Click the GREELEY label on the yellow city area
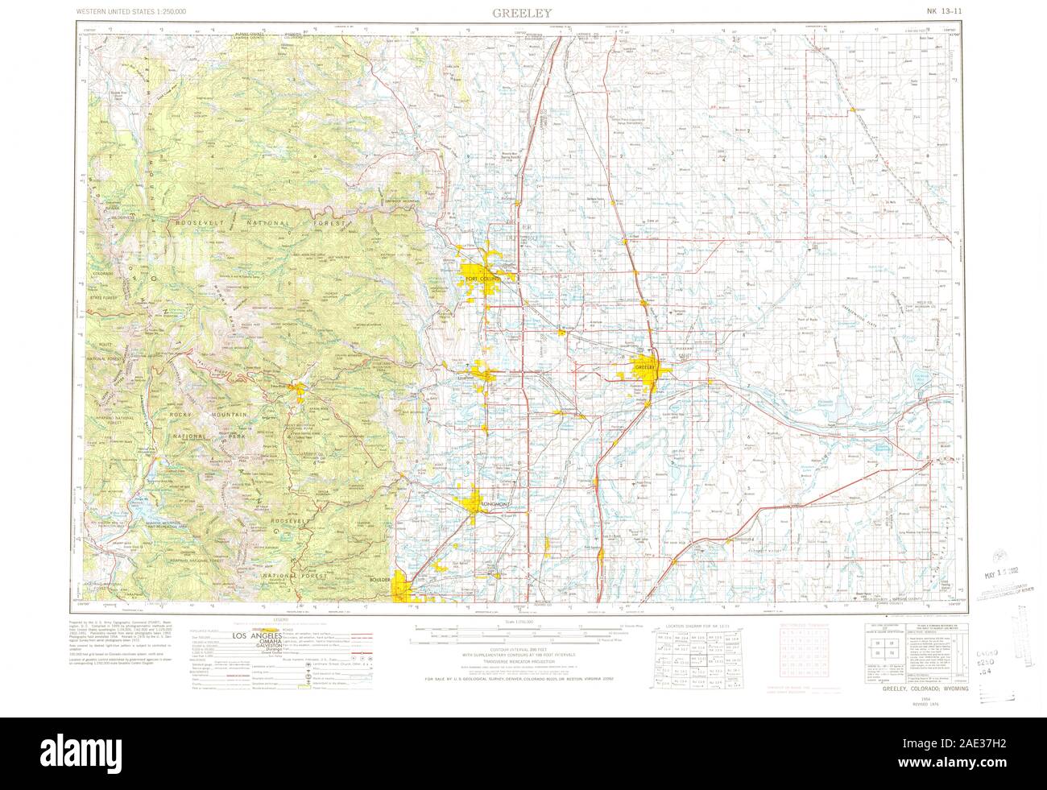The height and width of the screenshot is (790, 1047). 647,368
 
